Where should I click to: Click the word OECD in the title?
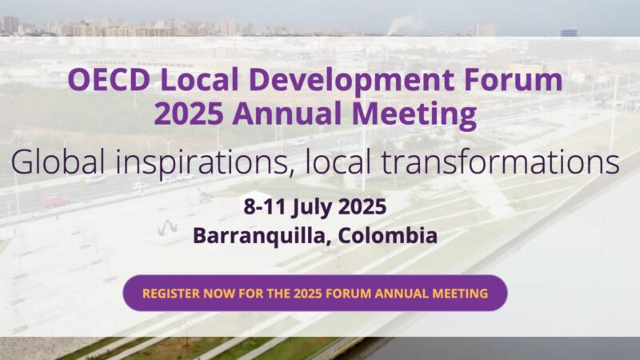coord(109,79)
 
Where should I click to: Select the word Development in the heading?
coord(350,81)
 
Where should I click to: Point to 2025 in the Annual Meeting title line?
coord(189,113)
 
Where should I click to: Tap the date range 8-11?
coord(265,206)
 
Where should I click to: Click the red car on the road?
coord(55,202)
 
